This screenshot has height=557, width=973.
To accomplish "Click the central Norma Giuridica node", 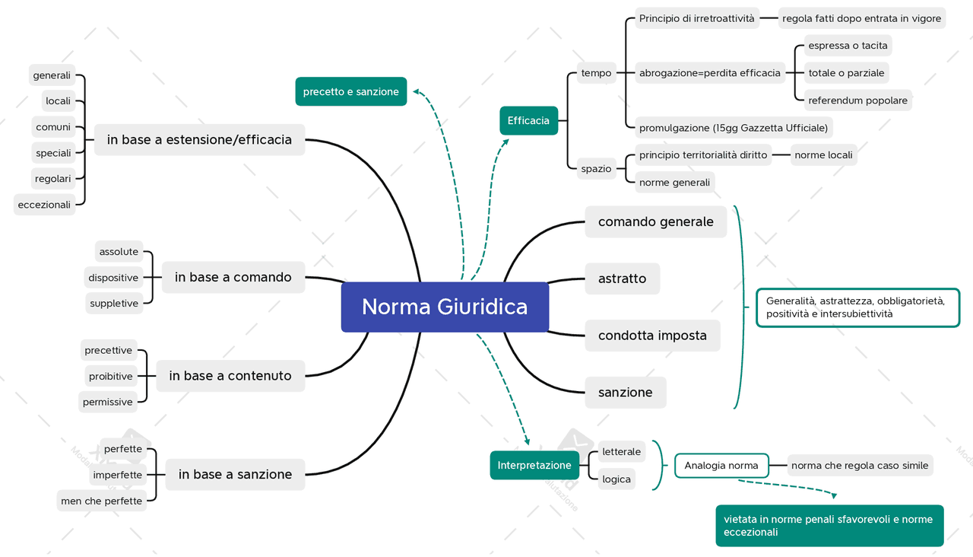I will tap(445, 307).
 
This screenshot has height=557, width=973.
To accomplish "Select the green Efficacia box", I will tap(528, 120).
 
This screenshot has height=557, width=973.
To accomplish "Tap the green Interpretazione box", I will tap(534, 465).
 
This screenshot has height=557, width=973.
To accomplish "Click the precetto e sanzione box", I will tap(350, 91).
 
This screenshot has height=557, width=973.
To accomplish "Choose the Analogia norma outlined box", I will tap(721, 465).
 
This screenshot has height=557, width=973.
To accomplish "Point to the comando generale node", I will tap(655, 221).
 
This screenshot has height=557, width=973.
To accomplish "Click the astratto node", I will tap(622, 278).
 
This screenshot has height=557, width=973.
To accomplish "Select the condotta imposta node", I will tap(652, 336).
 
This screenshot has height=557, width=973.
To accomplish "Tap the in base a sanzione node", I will tap(235, 474).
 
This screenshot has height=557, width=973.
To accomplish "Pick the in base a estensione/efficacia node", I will tap(199, 139).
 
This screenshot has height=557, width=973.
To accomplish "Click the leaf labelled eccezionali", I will tap(44, 205).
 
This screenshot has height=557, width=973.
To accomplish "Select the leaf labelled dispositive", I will tap(113, 278).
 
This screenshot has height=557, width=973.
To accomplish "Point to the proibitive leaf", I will tap(110, 376).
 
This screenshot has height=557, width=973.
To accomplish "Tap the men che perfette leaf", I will tap(102, 501).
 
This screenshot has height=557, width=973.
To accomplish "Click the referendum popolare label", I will tap(857, 100).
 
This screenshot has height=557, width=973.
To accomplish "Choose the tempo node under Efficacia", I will tap(596, 73).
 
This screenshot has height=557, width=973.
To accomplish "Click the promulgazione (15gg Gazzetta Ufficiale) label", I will tap(733, 128).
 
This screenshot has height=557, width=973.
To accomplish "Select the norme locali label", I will tap(823, 155).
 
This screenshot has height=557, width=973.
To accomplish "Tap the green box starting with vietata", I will tap(829, 526).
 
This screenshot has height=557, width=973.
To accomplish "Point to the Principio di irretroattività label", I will tap(696, 18).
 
